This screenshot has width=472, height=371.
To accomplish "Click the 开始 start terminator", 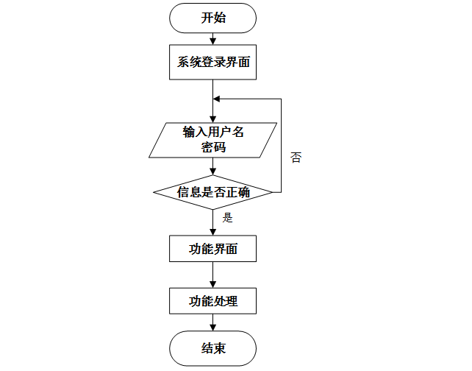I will click(x=213, y=18).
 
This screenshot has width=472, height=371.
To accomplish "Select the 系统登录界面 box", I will click(x=213, y=63).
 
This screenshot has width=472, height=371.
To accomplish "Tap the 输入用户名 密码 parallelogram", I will click(x=213, y=140).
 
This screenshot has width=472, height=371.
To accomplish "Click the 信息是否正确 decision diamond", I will click(x=213, y=193).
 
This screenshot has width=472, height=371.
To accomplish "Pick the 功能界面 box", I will click(x=213, y=249).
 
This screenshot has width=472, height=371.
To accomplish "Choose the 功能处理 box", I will click(x=213, y=301).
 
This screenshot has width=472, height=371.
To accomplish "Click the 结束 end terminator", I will click(x=213, y=348).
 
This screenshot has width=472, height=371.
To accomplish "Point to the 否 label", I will click(x=296, y=158).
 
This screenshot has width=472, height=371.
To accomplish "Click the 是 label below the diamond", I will click(x=227, y=218).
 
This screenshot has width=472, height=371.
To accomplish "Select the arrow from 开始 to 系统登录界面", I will click(x=213, y=40).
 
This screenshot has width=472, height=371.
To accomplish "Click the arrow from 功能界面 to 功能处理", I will click(x=213, y=275).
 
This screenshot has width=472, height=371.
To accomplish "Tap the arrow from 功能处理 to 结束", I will click(x=213, y=322).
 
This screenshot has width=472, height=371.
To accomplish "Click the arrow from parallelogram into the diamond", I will click(x=213, y=167).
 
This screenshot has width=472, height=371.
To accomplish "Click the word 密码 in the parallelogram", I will click(x=213, y=147).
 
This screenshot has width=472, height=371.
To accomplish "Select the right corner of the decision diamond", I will click(x=273, y=193).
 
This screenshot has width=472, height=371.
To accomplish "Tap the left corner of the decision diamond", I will click(x=154, y=193).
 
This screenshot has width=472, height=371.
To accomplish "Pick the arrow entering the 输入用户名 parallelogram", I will click(x=213, y=110).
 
